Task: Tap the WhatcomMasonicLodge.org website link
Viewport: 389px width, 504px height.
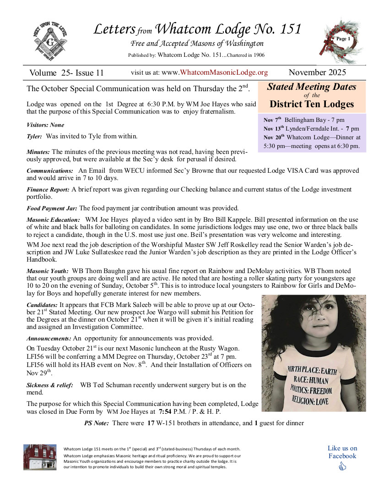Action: (224, 72)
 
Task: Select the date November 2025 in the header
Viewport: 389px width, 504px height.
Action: (317, 72)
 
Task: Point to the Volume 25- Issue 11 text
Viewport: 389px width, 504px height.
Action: (66, 73)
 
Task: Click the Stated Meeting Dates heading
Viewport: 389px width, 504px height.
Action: (311, 87)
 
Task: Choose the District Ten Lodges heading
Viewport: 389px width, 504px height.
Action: (312, 104)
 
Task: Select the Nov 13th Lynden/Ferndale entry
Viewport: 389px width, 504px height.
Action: (311, 128)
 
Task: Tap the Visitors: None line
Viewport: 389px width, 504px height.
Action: (45, 125)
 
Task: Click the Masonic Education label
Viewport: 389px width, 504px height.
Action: (53, 220)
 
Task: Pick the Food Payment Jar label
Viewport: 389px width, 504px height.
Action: (52, 208)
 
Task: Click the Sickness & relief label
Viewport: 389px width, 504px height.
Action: (49, 385)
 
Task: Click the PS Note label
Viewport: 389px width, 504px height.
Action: (96, 423)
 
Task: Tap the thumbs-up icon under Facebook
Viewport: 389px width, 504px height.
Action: (342, 467)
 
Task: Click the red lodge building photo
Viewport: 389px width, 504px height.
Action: (40, 457)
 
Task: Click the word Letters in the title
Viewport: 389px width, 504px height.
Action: (113, 29)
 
